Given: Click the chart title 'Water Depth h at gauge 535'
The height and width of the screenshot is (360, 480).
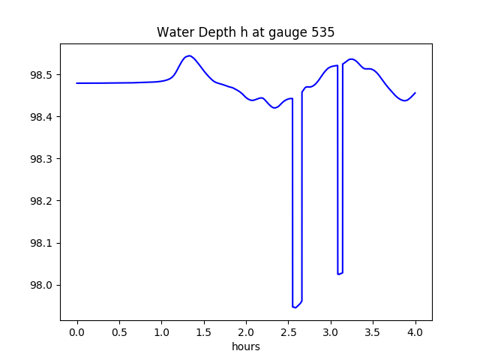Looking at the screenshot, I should pos(245,32).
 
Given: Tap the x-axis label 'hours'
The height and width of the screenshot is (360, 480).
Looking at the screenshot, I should pos(245,346).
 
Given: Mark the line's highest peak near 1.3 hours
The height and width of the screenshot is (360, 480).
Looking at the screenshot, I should pos(188,55).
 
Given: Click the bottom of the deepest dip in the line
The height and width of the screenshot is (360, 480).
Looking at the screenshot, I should pos(295,307).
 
